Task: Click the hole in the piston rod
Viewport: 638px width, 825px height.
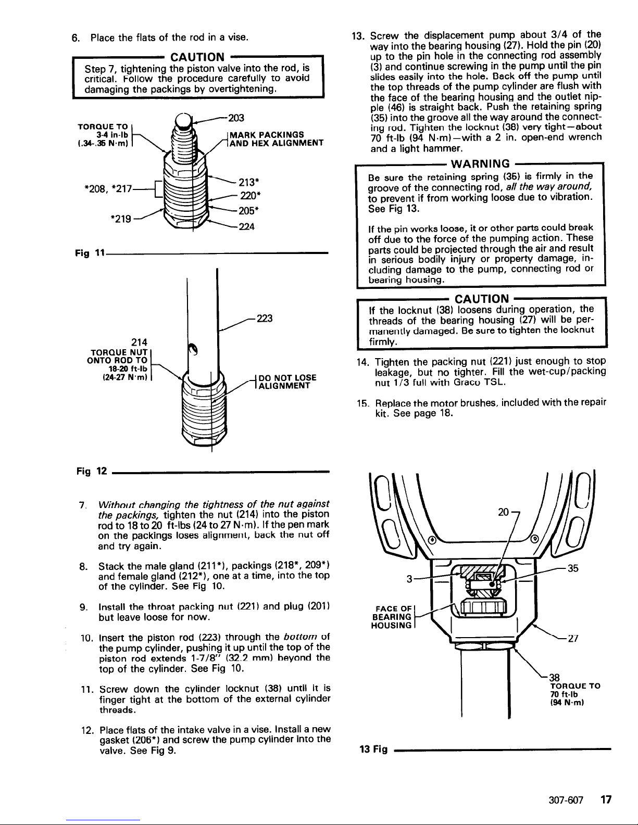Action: [x=191, y=350]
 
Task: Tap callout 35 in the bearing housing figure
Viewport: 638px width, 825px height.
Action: [x=573, y=568]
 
